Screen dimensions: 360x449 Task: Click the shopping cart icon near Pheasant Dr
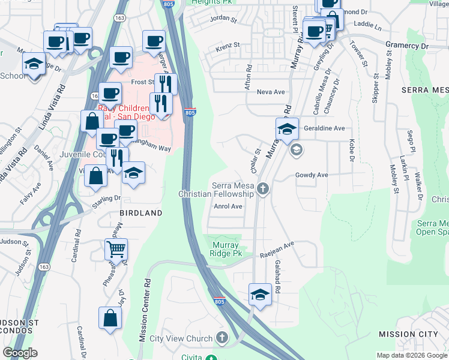click(116, 247)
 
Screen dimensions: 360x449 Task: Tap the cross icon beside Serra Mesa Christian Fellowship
click(262, 190)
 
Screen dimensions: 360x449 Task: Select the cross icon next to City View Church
click(223, 338)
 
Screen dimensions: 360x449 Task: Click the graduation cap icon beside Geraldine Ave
click(287, 128)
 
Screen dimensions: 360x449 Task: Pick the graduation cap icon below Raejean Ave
click(260, 295)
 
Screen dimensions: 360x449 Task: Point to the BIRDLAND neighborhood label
click(141, 213)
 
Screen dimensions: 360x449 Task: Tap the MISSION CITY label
click(408, 334)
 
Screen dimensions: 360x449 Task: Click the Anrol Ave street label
click(228, 206)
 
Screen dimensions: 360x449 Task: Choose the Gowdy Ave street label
click(312, 175)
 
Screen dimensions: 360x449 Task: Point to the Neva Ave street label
click(270, 92)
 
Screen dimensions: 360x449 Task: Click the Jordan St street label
click(223, 19)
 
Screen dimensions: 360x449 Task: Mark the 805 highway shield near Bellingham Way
click(190, 112)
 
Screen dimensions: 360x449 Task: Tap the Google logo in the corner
click(20, 353)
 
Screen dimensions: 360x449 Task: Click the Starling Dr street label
click(106, 199)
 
